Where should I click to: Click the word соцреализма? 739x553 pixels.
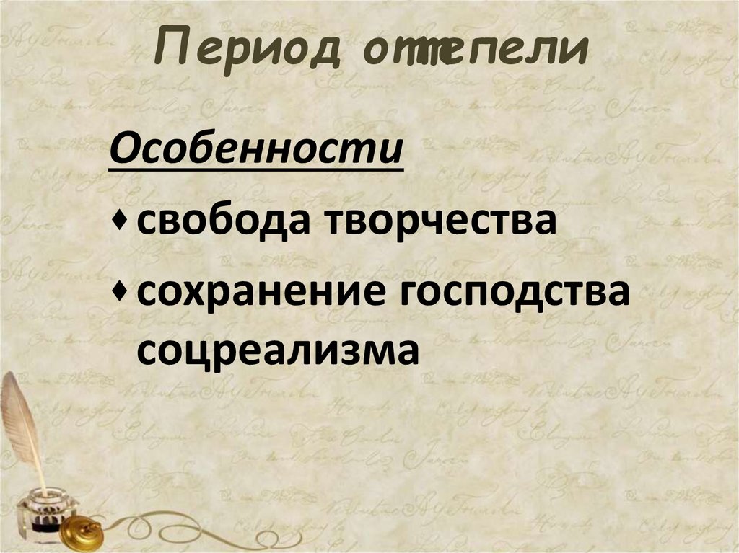coord(278,351)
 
